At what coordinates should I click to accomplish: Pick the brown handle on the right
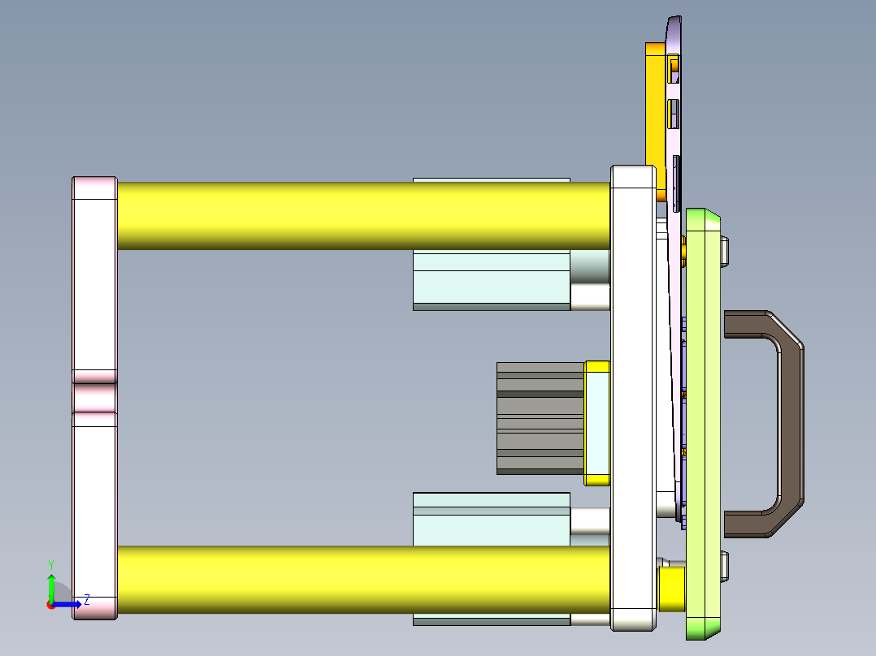click(788, 423)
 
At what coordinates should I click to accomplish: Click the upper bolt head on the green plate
click(725, 251)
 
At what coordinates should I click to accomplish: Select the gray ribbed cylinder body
click(540, 418)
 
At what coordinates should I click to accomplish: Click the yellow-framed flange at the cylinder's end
click(597, 423)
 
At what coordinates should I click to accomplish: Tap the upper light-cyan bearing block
click(491, 280)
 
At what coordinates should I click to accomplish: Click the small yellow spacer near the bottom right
click(671, 589)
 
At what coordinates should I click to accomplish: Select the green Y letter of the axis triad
click(50, 563)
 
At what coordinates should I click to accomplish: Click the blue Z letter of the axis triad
click(86, 600)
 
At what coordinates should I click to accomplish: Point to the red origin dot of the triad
click(50, 605)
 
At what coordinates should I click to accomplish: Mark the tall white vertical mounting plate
click(632, 398)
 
